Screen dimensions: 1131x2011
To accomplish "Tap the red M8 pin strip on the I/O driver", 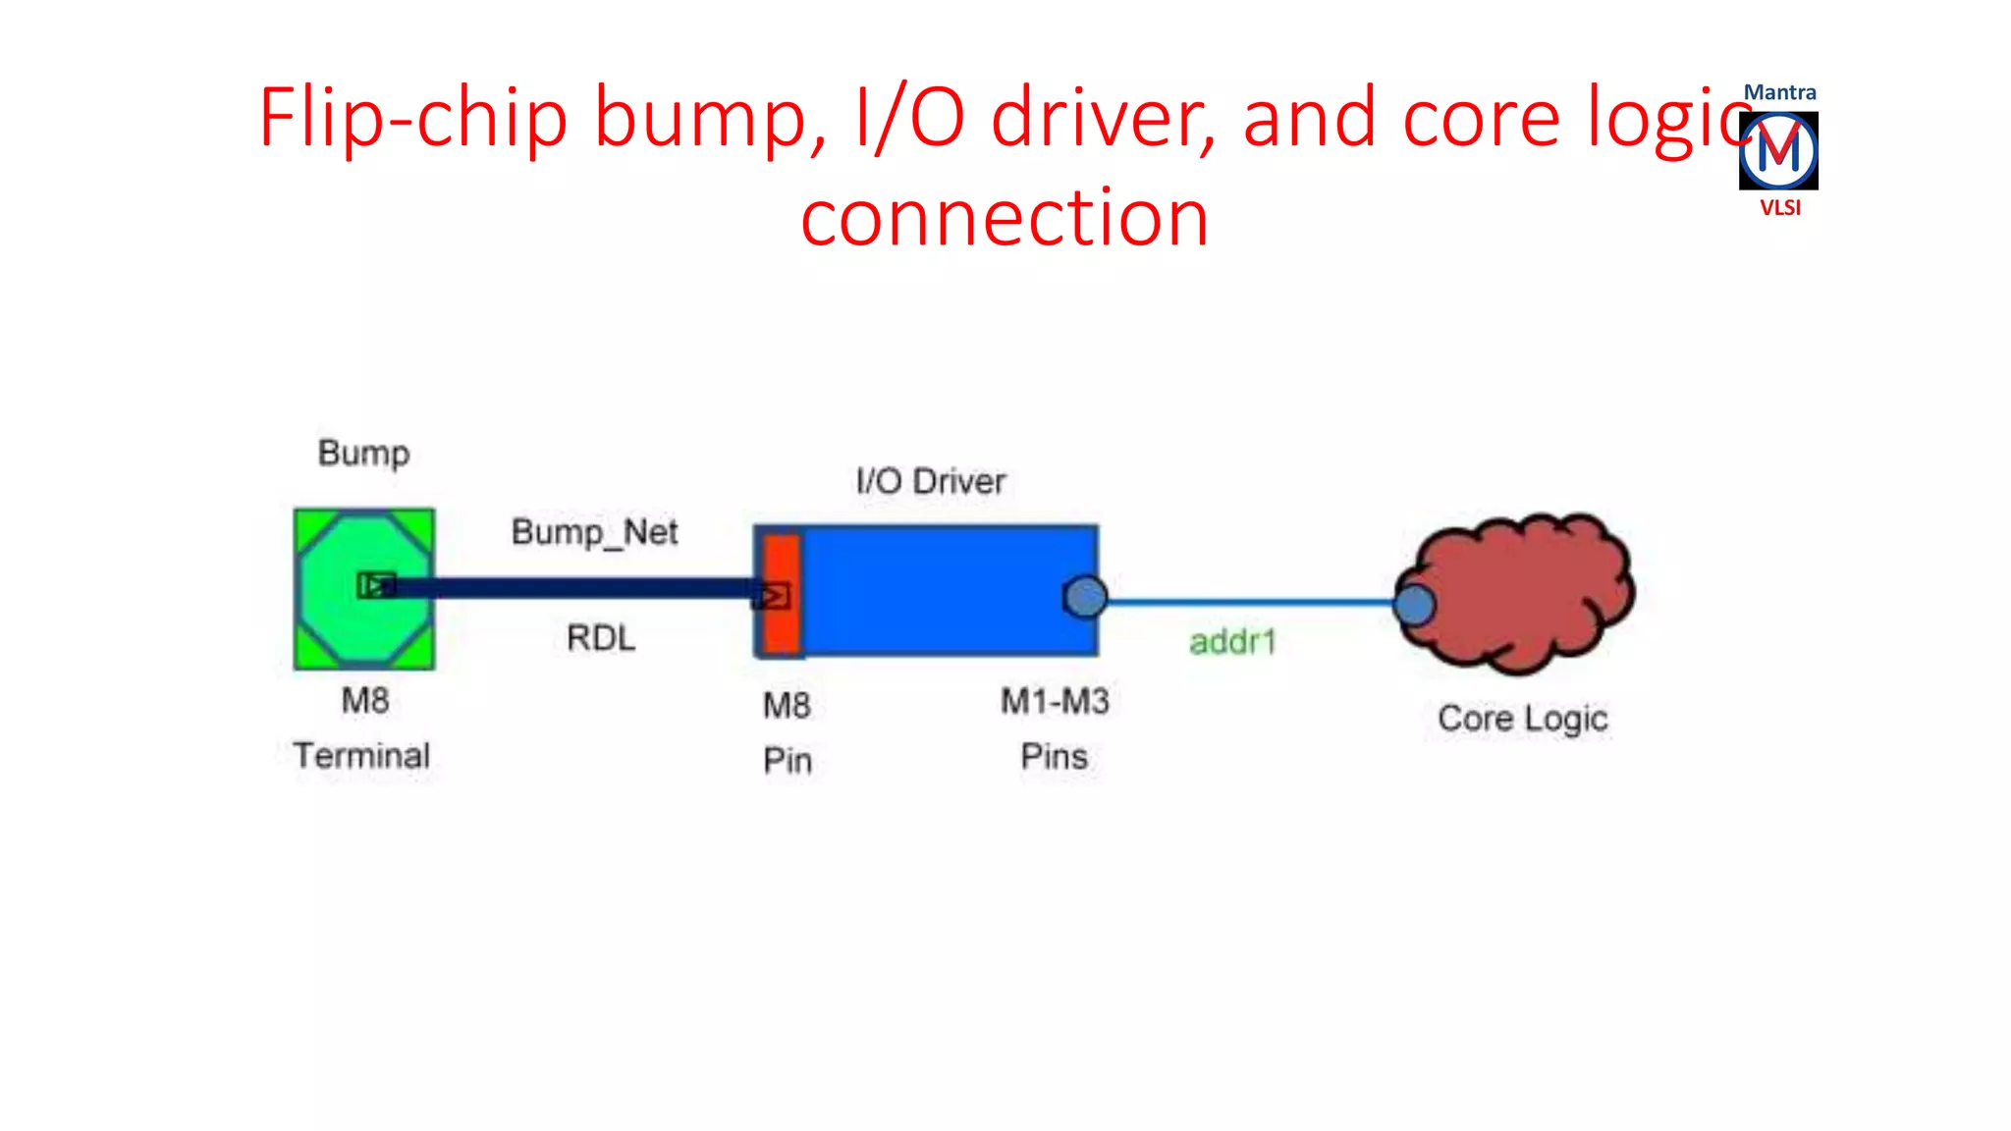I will (x=782, y=628).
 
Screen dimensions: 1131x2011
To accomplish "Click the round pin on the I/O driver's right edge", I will (x=1085, y=597).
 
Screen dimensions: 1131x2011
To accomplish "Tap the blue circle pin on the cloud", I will (x=1414, y=605).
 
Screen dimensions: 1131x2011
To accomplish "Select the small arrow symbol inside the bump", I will (x=376, y=585).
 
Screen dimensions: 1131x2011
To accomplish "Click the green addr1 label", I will (x=1232, y=642).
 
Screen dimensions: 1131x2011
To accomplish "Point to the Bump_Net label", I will (x=594, y=532).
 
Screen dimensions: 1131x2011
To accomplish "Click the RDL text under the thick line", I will (x=601, y=638).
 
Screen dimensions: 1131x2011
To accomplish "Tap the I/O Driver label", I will (x=931, y=481).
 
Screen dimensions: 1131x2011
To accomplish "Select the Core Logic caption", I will (x=1522, y=719).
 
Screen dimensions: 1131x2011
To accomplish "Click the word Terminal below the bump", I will (x=361, y=756).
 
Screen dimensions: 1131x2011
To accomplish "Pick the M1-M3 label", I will (x=1055, y=701).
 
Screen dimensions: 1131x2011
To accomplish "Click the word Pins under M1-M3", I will (x=1054, y=757).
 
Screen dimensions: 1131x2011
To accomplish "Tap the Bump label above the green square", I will (x=363, y=453).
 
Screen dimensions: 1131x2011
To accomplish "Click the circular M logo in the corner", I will (x=1778, y=150).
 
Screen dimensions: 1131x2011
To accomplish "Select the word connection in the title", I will (x=1004, y=217).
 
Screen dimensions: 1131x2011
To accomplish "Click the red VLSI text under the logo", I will (x=1779, y=208).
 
